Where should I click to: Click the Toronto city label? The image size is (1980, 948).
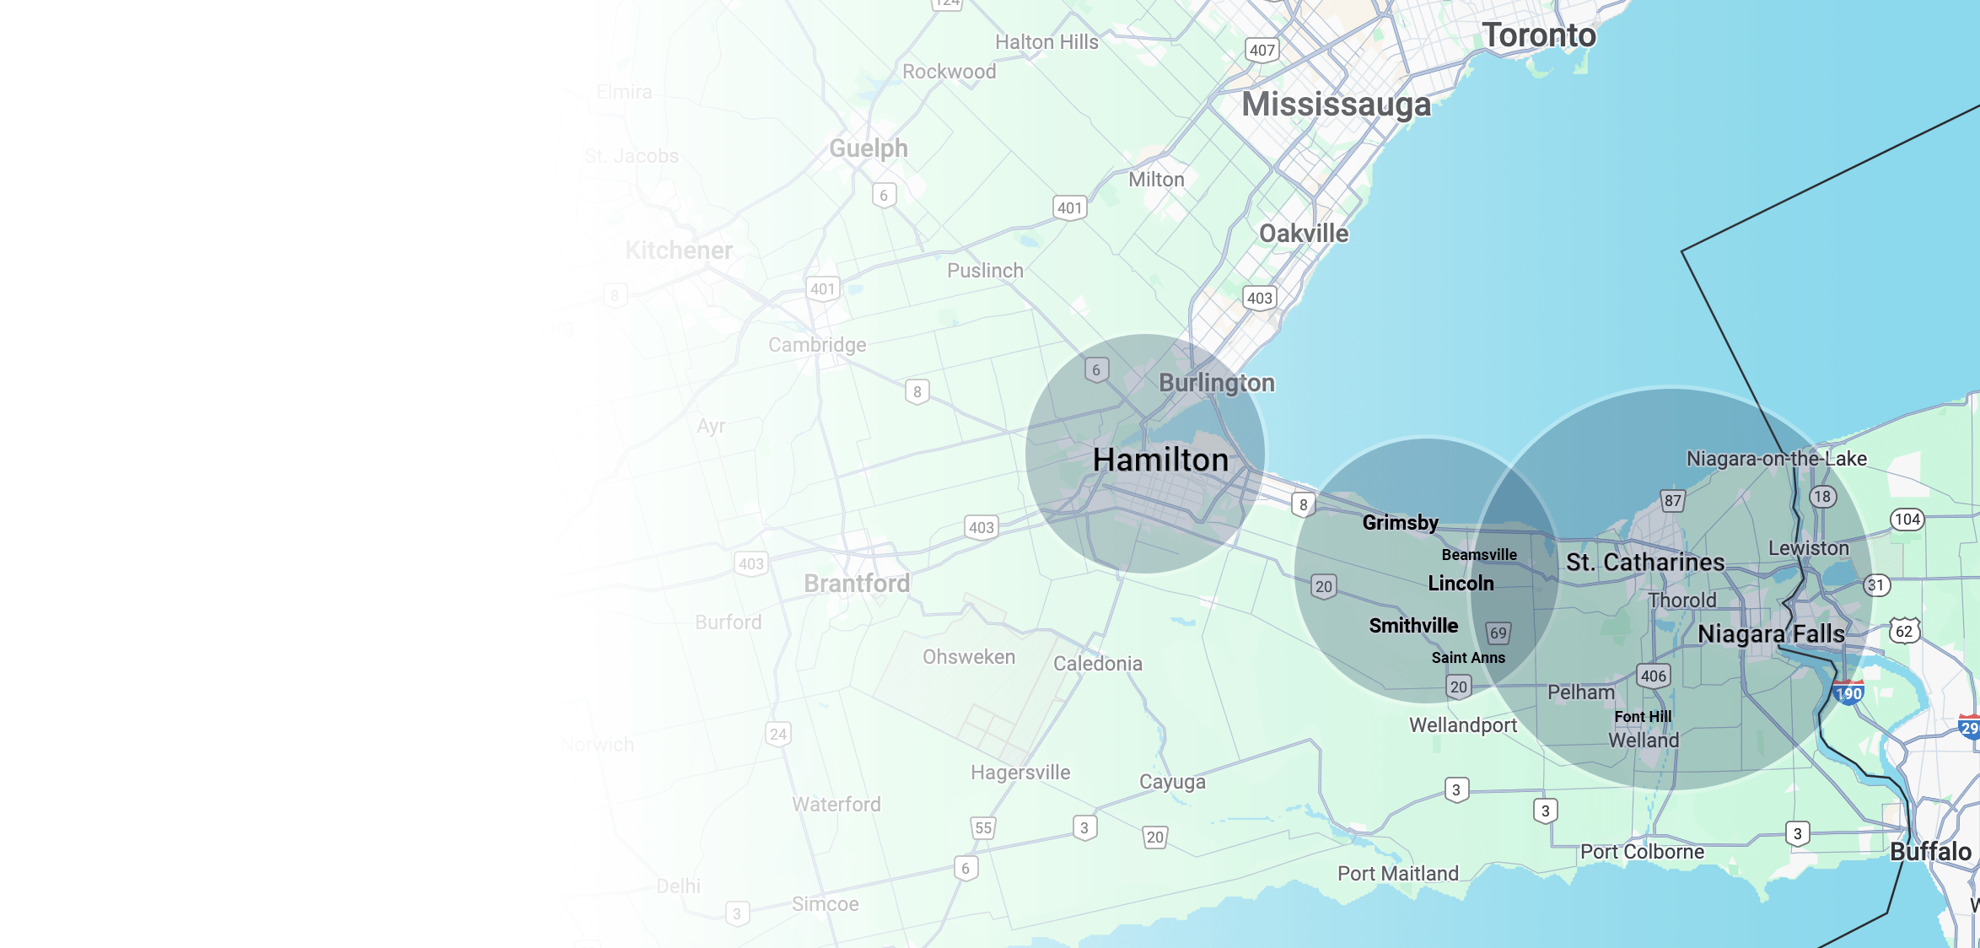(1539, 35)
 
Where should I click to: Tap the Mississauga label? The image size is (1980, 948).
(1337, 105)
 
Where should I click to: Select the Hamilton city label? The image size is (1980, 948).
(1160, 460)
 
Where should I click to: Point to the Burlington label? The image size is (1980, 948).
(1217, 383)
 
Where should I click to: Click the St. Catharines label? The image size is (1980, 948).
(1645, 563)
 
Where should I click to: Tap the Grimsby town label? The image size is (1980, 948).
(1401, 523)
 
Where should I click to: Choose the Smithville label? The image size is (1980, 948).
(1413, 626)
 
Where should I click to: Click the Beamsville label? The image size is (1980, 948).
(1479, 555)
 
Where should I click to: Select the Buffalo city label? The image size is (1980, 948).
(1930, 852)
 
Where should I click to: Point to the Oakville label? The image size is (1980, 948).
(1304, 234)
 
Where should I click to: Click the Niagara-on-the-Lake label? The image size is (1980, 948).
(1777, 459)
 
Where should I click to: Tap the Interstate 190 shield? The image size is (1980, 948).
(1848, 693)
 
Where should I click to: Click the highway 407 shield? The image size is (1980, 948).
(1262, 50)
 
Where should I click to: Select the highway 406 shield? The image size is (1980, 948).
(1654, 676)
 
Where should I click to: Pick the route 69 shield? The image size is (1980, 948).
(1498, 633)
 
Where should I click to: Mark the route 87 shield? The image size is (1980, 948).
(1673, 500)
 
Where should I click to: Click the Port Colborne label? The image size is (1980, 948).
(1642, 852)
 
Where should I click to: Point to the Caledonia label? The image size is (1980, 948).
(1098, 664)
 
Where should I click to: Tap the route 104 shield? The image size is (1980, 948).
(1907, 520)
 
